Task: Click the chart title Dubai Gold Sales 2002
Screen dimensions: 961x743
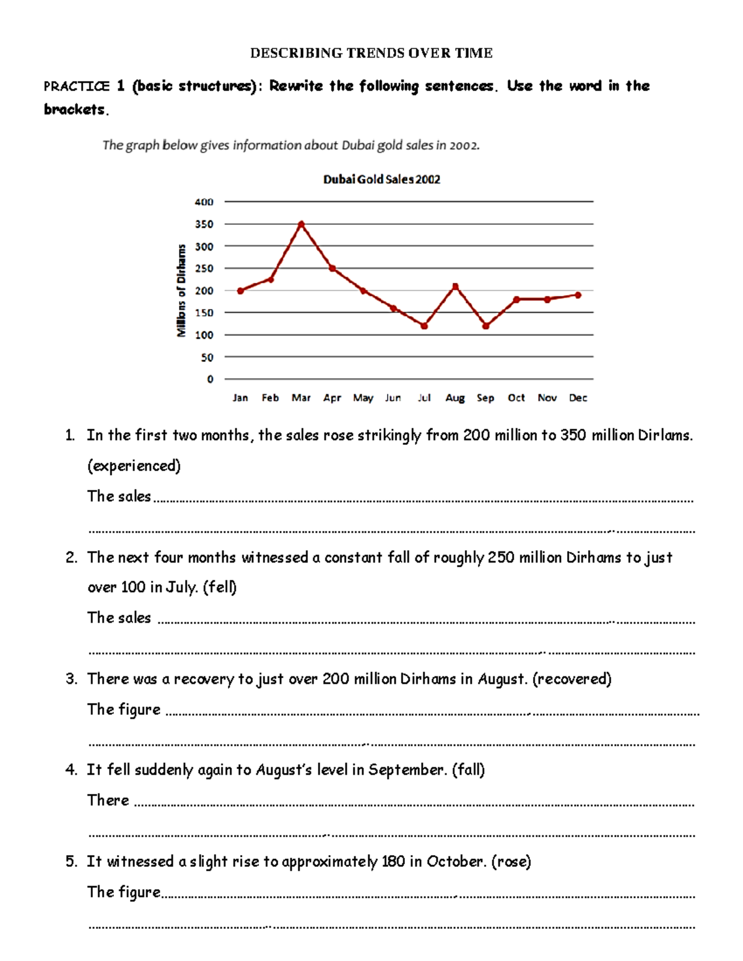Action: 381,179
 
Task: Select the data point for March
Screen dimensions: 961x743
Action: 301,224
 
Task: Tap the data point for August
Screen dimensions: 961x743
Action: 455,286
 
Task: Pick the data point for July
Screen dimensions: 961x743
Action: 424,326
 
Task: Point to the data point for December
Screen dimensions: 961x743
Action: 578,295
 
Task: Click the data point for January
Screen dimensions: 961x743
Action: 240,291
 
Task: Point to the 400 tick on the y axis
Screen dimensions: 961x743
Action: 204,202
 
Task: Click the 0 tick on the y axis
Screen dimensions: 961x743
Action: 210,379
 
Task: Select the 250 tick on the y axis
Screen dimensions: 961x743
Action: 204,269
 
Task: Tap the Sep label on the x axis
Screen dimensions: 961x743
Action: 485,398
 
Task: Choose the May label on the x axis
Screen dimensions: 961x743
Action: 363,398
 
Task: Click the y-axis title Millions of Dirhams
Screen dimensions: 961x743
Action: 181,290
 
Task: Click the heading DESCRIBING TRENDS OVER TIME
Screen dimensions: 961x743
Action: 371,53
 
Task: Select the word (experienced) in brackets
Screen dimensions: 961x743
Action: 134,466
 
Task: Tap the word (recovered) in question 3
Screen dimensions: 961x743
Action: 571,679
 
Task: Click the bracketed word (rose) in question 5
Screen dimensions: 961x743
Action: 511,861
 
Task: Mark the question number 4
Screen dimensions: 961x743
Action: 71,770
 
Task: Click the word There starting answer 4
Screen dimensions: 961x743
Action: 108,800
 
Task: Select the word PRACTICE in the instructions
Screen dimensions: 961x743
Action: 76,86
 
